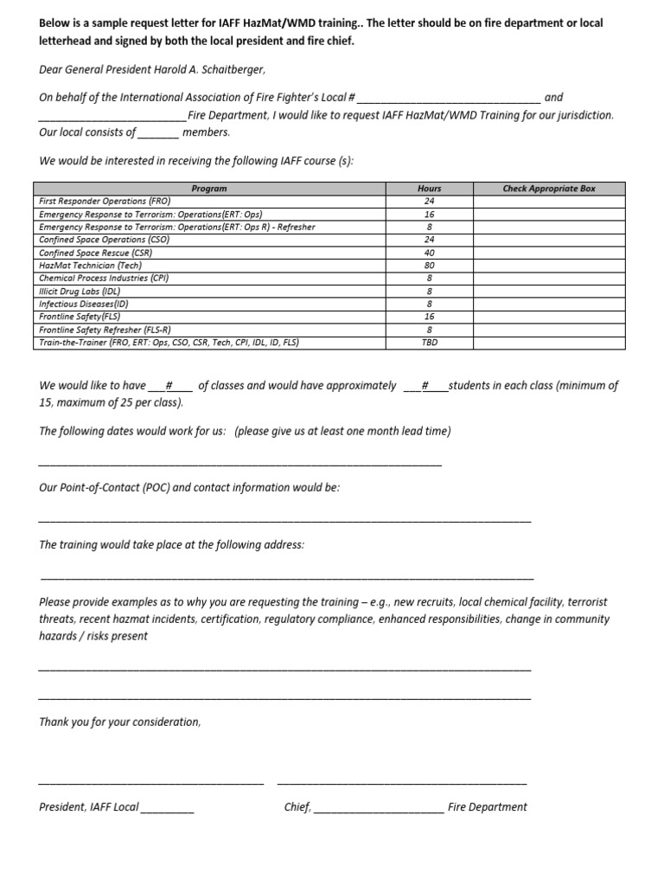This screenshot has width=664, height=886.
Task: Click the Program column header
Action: point(209,189)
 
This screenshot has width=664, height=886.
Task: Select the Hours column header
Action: point(430,189)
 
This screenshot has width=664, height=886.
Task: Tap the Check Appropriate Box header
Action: point(549,189)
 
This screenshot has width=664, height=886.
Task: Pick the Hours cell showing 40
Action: point(430,253)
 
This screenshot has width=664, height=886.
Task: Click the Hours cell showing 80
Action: point(430,266)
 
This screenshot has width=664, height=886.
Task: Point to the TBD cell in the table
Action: point(430,343)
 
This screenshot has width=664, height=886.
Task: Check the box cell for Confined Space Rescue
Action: point(549,253)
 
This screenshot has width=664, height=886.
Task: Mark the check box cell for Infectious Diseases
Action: point(549,305)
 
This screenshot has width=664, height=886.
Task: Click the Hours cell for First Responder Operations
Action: point(430,201)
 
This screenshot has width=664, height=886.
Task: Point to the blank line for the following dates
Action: point(240,465)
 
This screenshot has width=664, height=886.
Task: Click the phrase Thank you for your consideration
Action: point(120,722)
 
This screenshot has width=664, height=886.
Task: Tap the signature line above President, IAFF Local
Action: point(151,782)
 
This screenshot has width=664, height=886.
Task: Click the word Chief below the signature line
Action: point(297,807)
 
